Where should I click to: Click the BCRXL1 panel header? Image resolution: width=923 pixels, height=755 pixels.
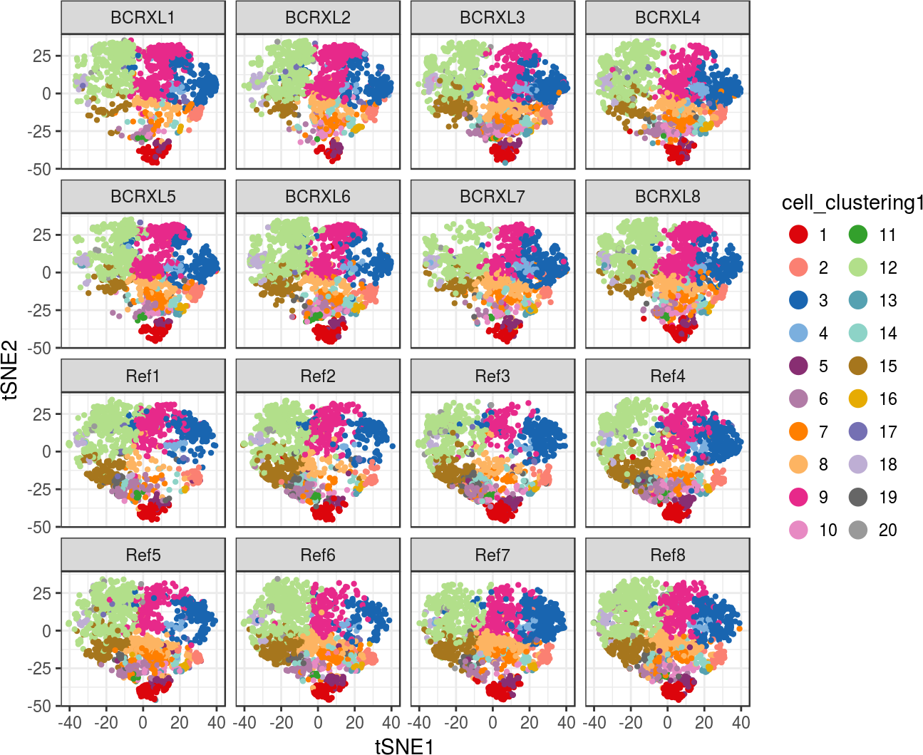143,18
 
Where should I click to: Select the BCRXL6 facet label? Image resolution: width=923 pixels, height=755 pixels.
317,197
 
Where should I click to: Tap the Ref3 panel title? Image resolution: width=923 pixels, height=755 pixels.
493,376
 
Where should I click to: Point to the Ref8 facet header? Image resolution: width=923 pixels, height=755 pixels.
667,555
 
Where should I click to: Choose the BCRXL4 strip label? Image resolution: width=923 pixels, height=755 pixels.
667,18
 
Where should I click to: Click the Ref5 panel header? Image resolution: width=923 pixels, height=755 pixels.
143,555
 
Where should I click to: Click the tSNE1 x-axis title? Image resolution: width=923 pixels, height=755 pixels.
404,746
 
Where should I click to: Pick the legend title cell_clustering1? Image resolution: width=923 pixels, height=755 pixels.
852,203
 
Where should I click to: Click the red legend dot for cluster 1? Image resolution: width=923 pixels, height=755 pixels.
799,235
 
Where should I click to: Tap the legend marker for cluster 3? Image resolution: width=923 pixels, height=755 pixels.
799,301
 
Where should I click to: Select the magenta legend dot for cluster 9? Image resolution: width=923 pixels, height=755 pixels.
799,498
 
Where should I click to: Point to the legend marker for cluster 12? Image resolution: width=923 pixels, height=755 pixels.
858,268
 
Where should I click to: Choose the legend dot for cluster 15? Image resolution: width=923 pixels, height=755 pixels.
858,366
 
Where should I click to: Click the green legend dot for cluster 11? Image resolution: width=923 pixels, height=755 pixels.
858,235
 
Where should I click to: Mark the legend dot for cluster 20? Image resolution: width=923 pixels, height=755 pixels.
858,530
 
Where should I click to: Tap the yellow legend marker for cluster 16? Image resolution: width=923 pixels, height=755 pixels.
858,399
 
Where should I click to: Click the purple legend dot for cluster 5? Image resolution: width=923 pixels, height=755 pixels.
799,366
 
